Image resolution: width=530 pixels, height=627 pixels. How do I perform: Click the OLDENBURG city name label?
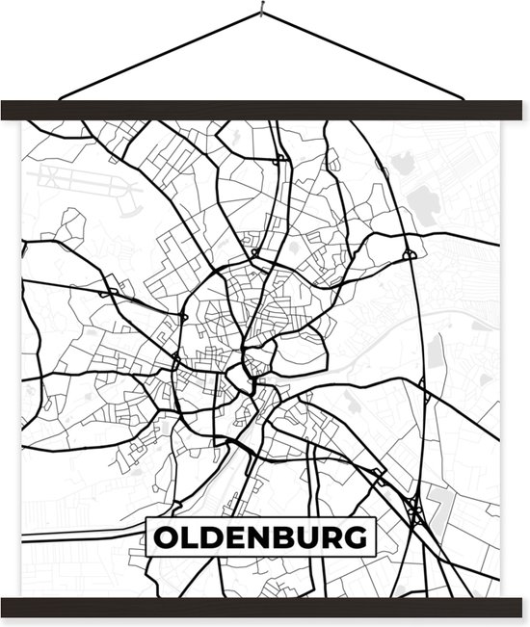[258, 537]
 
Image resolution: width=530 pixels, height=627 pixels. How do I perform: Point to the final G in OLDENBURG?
[354, 537]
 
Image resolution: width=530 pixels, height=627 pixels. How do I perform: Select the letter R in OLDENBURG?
[331, 537]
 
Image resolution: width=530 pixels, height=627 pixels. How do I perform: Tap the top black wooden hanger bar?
[265, 109]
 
